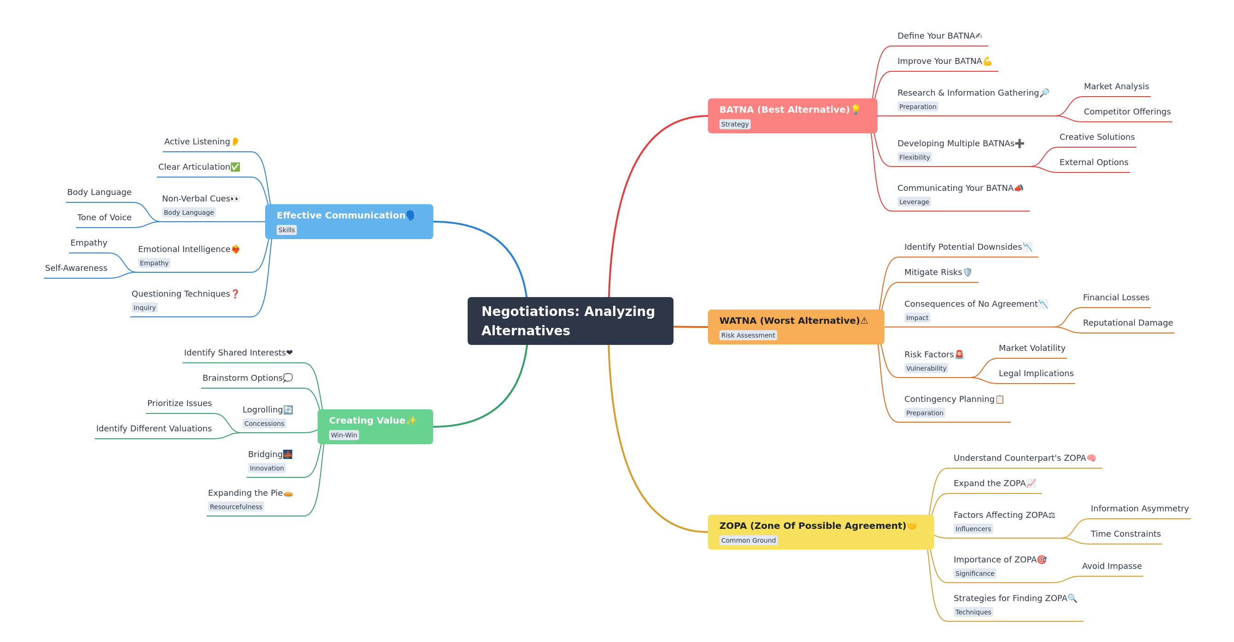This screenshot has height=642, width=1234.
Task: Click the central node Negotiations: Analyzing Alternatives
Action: pos(570,321)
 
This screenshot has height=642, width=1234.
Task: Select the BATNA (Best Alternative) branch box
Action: pos(792,115)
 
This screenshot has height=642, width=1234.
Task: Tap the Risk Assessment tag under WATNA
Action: pos(747,335)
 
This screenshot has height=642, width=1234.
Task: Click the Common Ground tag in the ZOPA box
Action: pos(748,540)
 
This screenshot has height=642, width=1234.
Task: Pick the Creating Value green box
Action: pos(375,426)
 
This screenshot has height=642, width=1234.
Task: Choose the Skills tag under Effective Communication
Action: pos(286,230)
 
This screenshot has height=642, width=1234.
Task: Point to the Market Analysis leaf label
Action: pos(1116,86)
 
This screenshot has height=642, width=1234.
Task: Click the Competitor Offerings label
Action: pos(1127,112)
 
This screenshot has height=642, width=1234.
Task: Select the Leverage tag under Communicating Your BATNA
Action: pos(914,201)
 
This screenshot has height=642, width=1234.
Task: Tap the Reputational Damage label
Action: pos(1127,323)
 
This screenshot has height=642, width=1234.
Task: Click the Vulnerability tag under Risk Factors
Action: pos(926,368)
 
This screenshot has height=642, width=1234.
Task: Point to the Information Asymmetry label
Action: pos(1139,509)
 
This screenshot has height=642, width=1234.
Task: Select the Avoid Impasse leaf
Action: pos(1112,566)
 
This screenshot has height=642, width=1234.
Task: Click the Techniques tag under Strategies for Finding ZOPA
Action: pos(973,612)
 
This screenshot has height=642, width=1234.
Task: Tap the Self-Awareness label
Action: pos(76,268)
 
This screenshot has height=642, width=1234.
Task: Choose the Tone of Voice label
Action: pos(104,218)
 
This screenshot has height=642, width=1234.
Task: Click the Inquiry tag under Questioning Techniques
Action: pos(144,307)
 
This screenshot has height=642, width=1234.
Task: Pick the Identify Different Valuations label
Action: pos(154,429)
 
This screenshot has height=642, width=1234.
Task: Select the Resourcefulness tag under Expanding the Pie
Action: pos(236,506)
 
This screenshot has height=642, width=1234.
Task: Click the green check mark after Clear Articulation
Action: pos(235,166)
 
